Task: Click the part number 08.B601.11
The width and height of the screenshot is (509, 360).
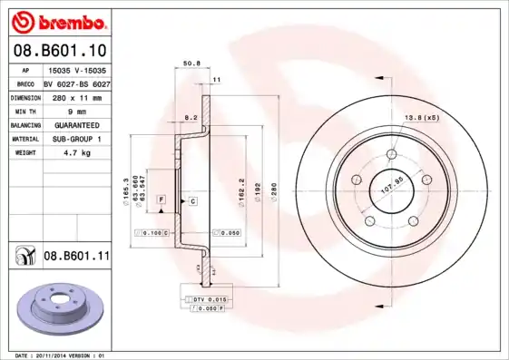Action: [76, 257]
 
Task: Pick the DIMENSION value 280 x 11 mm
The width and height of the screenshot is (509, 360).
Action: [76, 97]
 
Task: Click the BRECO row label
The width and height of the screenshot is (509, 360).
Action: [26, 83]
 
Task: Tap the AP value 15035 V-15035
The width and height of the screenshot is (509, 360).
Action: [76, 69]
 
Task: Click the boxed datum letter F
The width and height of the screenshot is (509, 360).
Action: [161, 199]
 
